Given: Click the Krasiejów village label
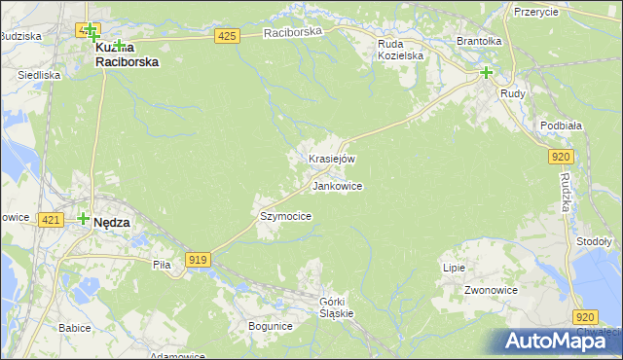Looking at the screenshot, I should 331,159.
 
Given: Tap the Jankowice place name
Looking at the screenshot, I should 338,186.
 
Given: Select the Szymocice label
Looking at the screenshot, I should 285,216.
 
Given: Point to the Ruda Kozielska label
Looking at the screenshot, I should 401,50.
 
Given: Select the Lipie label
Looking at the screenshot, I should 454,268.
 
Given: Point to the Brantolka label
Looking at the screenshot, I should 479,42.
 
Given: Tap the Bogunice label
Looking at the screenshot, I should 270,326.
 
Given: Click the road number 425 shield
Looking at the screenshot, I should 227,36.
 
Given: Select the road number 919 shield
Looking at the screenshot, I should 199,259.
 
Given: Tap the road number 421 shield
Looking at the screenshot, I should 52,221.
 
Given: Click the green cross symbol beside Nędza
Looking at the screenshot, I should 84,220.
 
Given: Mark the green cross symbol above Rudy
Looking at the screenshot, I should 486,72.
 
